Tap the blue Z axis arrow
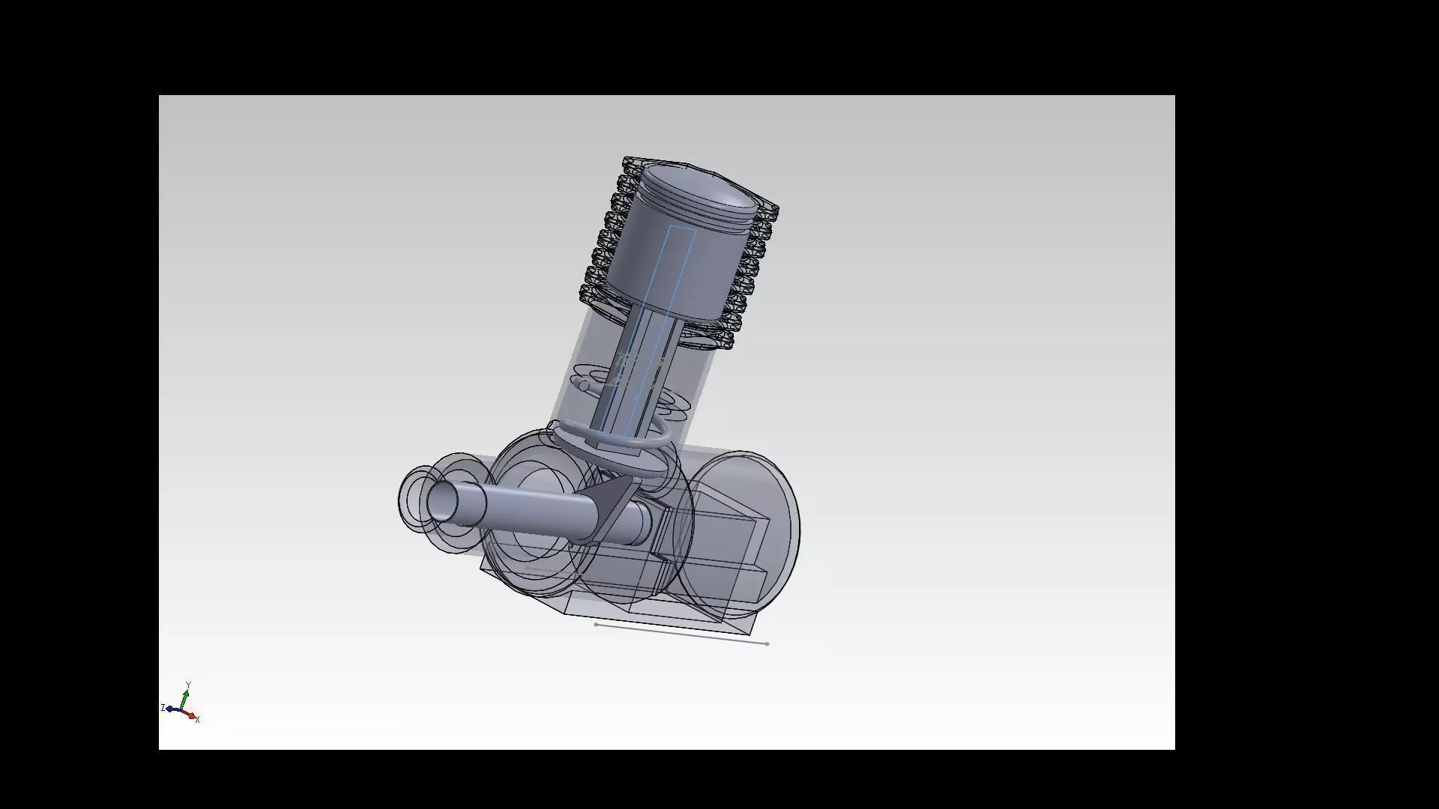click(x=171, y=709)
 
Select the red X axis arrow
click(x=190, y=715)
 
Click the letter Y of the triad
click(x=189, y=685)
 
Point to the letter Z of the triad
click(x=163, y=708)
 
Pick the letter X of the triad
click(x=197, y=720)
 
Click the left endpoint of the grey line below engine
click(x=596, y=624)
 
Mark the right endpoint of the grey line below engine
click(x=767, y=643)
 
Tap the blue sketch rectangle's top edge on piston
click(x=682, y=228)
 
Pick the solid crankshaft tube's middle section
click(x=540, y=513)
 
